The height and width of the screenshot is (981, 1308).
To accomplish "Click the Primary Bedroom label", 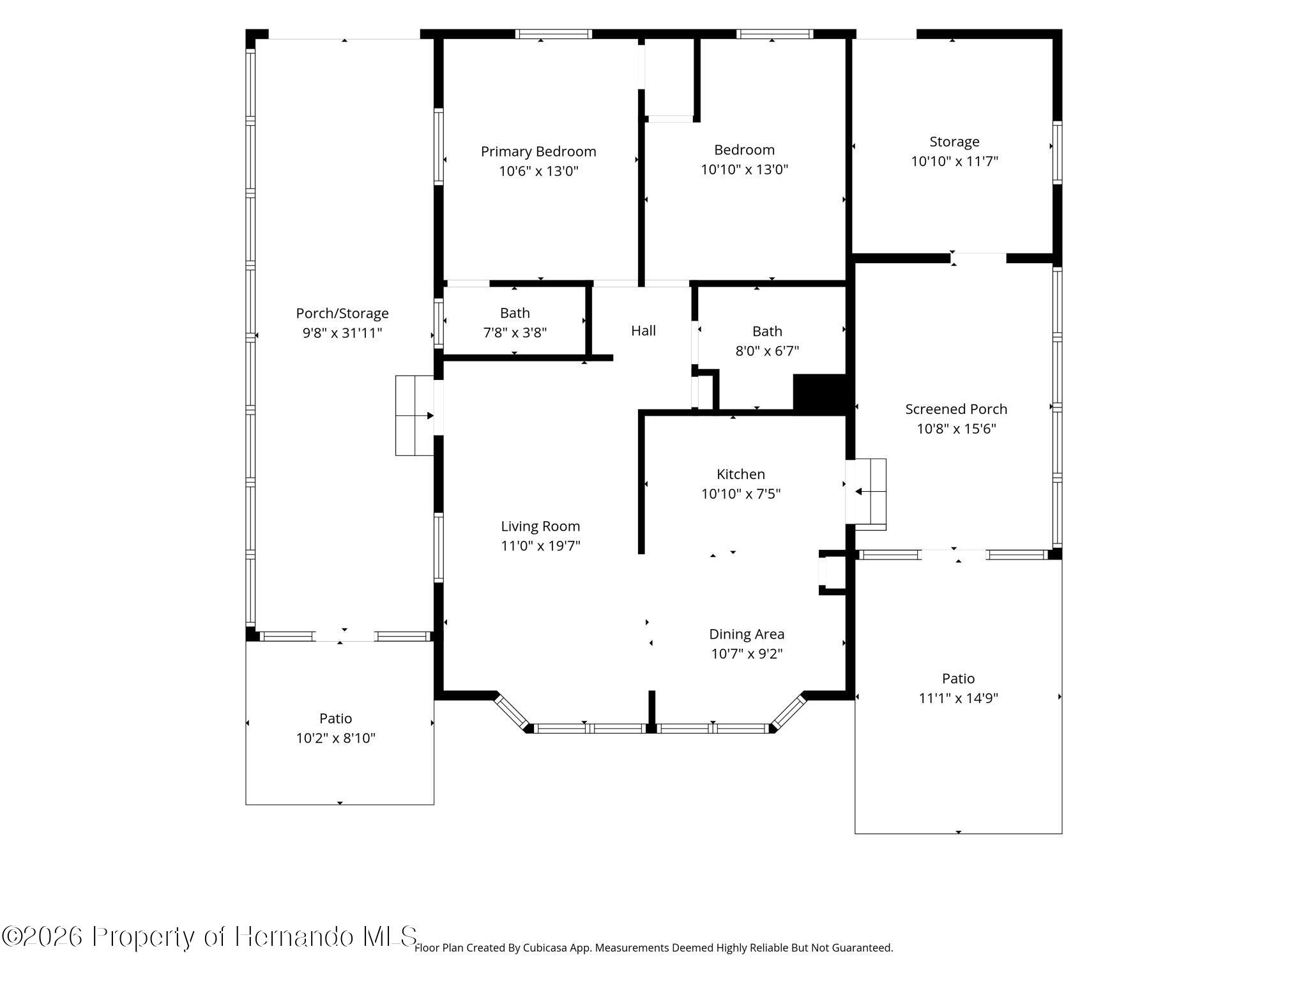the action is tap(538, 151).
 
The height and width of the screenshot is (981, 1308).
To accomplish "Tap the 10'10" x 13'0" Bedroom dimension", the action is tap(745, 169).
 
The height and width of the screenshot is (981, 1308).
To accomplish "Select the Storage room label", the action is tap(954, 142).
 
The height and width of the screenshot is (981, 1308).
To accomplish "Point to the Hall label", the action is tap(643, 330).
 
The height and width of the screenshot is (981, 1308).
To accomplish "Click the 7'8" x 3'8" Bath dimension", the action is tap(515, 332).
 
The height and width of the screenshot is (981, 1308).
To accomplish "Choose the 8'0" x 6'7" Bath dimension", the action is tap(767, 351).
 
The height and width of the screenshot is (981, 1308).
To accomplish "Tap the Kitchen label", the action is tap(741, 474).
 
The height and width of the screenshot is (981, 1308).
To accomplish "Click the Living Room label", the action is tap(540, 526).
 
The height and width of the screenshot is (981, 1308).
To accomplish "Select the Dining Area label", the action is tap(747, 634).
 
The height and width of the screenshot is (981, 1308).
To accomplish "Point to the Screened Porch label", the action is tap(956, 409).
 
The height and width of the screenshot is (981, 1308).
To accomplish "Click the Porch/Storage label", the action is tap(342, 314).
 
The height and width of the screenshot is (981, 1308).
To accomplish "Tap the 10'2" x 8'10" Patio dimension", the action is tap(335, 738).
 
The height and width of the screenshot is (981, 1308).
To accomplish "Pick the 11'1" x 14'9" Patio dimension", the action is tap(958, 698).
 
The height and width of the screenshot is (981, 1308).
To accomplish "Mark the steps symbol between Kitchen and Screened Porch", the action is tap(866, 494).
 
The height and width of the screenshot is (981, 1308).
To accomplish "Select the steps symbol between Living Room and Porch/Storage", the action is tap(415, 416).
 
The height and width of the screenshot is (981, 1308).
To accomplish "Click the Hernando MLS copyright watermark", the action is tap(209, 937).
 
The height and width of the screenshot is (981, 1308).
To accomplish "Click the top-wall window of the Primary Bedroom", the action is tap(554, 34).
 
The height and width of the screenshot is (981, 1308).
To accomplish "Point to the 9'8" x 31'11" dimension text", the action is tap(342, 333).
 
